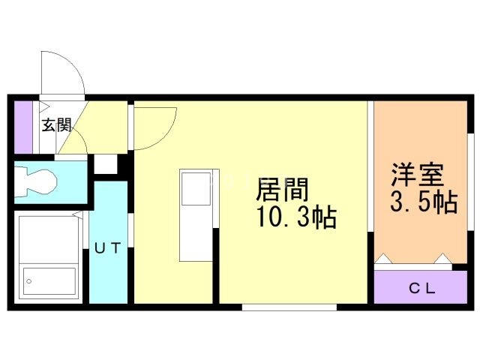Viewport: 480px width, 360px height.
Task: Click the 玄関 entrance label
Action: click(x=57, y=125)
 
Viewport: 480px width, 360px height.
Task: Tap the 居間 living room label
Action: click(x=282, y=190)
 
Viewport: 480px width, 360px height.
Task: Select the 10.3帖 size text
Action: click(x=297, y=217)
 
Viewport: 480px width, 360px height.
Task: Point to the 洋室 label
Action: click(x=417, y=175)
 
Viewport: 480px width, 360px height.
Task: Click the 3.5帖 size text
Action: click(x=424, y=202)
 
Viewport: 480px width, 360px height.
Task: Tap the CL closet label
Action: click(x=422, y=288)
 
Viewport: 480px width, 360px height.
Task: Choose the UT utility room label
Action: click(x=107, y=248)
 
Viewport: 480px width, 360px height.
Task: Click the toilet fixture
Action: click(x=36, y=181)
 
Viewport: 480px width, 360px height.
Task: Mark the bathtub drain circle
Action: click(x=29, y=281)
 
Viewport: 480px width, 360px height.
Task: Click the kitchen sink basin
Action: click(x=196, y=189)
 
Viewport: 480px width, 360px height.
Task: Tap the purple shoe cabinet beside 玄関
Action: click(x=23, y=127)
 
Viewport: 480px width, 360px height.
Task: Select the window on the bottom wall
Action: click(x=289, y=307)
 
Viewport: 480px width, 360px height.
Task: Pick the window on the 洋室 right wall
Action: click(x=470, y=182)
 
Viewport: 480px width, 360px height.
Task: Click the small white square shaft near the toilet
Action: click(x=106, y=164)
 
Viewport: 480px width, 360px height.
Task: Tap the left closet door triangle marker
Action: click(x=384, y=258)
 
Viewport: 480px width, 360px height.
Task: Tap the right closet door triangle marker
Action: click(x=442, y=258)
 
